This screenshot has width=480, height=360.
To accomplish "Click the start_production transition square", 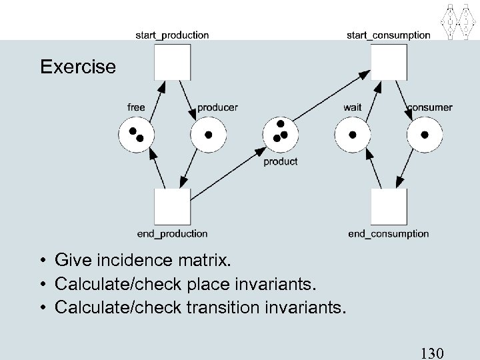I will [x=172, y=62].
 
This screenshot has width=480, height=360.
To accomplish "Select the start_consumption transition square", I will [x=389, y=62].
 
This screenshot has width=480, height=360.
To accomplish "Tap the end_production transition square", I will [x=172, y=207].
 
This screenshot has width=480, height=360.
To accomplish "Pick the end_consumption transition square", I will [x=389, y=207].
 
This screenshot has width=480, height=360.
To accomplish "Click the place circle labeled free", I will [x=136, y=135].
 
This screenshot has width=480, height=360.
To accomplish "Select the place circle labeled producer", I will [x=209, y=135].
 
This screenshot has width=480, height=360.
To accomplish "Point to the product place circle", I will [x=281, y=135].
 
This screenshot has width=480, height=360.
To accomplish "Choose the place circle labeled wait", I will [x=353, y=135].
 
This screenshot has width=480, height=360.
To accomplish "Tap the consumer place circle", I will [x=425, y=135].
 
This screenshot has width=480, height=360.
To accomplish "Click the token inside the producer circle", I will [x=209, y=135].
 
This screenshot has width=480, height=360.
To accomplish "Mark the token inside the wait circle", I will [x=353, y=135].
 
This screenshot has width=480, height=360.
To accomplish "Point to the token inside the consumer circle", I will [x=425, y=135].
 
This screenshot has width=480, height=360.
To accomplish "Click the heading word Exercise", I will [x=77, y=67].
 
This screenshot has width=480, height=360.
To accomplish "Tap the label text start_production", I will [x=172, y=35].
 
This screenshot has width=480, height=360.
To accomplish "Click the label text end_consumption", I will [x=389, y=234].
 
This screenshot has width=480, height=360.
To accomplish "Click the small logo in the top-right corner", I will [x=459, y=21].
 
